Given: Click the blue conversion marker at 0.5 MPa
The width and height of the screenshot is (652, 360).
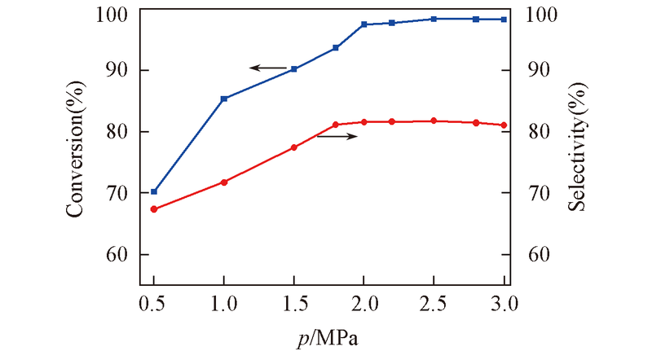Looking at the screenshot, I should coord(154,191).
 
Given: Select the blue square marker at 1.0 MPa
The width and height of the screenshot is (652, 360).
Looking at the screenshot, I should coord(224,99).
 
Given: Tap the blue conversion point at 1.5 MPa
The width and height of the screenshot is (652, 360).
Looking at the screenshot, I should coord(294,69).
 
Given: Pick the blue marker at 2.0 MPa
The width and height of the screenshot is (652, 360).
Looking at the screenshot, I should coord(364,24).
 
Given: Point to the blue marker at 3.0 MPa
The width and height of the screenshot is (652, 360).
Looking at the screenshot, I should coord(504,20).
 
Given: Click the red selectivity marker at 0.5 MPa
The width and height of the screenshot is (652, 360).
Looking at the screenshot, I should coord(154,209).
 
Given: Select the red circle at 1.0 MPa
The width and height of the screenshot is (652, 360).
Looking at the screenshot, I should coord(224,182).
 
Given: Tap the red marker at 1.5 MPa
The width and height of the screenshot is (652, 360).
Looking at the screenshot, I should coord(294,147).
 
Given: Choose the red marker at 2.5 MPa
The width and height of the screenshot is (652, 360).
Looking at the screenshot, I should coord(434,121).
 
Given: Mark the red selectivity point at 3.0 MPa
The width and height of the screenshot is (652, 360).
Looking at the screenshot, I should coord(504,125).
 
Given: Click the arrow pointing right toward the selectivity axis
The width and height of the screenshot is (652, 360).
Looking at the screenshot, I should coord(337,136).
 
